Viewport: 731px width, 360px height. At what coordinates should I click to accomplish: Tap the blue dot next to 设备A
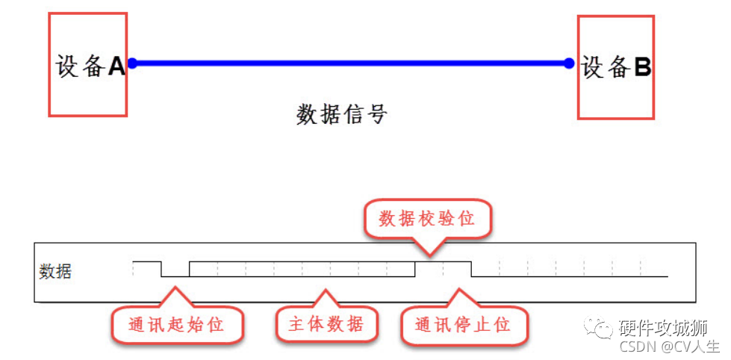pyautogui.click(x=132, y=63)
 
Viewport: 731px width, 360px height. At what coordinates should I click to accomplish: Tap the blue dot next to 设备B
pyautogui.click(x=569, y=63)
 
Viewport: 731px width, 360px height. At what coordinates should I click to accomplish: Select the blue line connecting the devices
pyautogui.click(x=351, y=63)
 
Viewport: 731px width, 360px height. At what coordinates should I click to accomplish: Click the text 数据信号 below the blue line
pyautogui.click(x=342, y=114)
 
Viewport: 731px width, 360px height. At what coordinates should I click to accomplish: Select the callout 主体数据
pyautogui.click(x=326, y=324)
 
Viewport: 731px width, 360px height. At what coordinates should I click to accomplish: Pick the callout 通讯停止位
pyautogui.click(x=462, y=325)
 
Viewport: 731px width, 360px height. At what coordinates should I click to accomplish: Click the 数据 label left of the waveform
pyautogui.click(x=55, y=271)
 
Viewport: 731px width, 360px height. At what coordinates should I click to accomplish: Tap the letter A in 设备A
pyautogui.click(x=116, y=67)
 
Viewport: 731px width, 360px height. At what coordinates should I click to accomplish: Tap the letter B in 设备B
pyautogui.click(x=642, y=67)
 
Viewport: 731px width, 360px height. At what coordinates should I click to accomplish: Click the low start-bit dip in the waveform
pyautogui.click(x=175, y=275)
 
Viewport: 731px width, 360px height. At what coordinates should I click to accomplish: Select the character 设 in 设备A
pyautogui.click(x=68, y=66)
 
